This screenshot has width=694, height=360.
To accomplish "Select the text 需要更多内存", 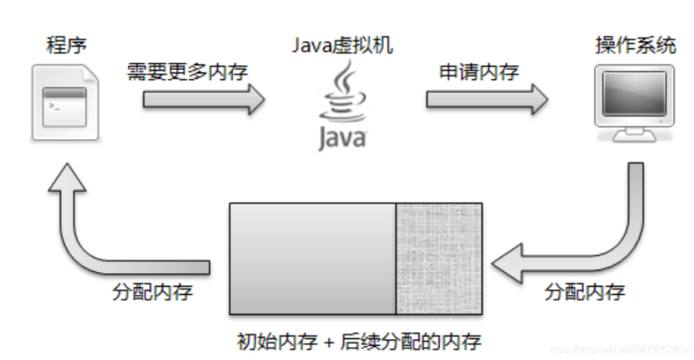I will (187, 72).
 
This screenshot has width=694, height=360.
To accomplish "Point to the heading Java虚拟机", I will (342, 45).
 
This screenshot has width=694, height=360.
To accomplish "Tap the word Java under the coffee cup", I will (342, 138).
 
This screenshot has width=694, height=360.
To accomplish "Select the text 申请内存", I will (478, 72).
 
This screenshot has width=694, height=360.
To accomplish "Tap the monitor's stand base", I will (634, 137).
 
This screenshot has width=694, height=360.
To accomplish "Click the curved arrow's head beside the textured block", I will (511, 264).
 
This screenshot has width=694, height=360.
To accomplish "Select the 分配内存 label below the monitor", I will (584, 291).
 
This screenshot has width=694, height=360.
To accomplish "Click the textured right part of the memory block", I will (439, 258).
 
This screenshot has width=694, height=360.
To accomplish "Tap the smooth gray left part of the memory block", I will (312, 258).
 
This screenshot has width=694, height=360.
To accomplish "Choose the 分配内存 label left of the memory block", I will (152, 291).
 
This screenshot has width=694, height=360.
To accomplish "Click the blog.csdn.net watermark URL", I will (618, 349).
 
